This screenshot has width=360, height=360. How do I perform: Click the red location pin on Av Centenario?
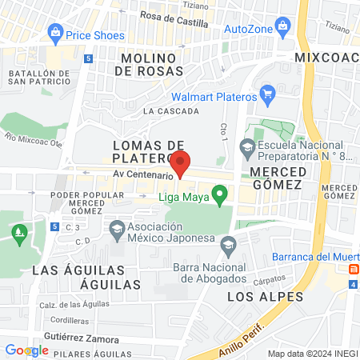tap(180, 162)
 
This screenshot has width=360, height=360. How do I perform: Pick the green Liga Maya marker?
tap(221, 194)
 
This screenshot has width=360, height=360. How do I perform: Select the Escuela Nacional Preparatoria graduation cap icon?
tap(248, 146)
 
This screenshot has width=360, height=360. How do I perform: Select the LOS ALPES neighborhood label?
tap(254, 296)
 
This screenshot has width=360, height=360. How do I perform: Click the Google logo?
tap(26, 350)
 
